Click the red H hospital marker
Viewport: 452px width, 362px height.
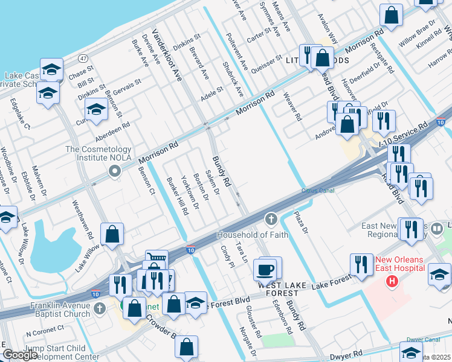tap(393, 281)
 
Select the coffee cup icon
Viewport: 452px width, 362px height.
tap(265, 268)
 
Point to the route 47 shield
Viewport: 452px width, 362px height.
tap(83, 58)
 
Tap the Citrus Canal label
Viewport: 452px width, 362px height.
tap(318, 191)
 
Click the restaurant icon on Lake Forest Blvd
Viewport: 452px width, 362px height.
tap(361, 264)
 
